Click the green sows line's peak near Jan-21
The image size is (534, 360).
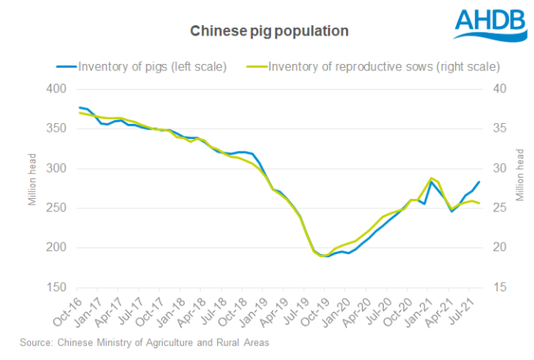431,178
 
